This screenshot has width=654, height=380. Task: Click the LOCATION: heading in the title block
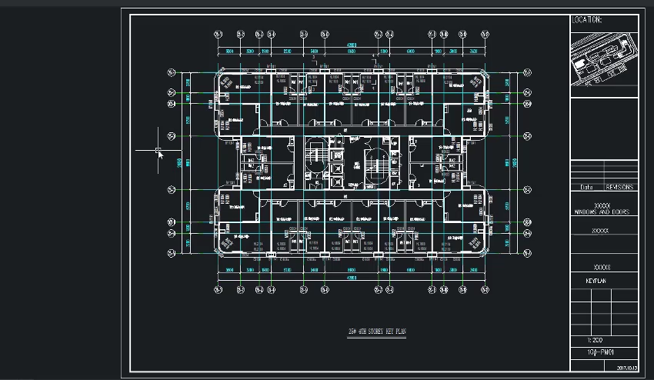tap(586, 20)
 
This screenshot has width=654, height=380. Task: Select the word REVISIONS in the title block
tap(619, 187)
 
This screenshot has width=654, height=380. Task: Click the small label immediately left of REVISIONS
tap(586, 187)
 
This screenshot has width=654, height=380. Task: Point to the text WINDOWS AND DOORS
tap(601, 212)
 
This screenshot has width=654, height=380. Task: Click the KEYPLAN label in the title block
tap(596, 282)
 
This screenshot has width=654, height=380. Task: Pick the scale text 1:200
tap(595, 339)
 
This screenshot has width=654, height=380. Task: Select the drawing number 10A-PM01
tap(594, 352)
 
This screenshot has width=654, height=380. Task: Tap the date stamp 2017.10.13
tap(627, 368)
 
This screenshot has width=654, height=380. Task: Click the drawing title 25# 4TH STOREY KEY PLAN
tap(376, 332)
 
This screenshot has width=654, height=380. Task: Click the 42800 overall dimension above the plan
tap(351, 45)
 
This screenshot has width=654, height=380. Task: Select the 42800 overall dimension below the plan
tap(351, 278)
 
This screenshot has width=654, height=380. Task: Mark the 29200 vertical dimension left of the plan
tap(179, 162)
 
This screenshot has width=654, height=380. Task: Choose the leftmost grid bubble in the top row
tap(218, 34)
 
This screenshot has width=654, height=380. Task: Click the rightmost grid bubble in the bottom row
tap(485, 290)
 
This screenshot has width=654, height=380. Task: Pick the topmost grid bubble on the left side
tap(172, 73)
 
